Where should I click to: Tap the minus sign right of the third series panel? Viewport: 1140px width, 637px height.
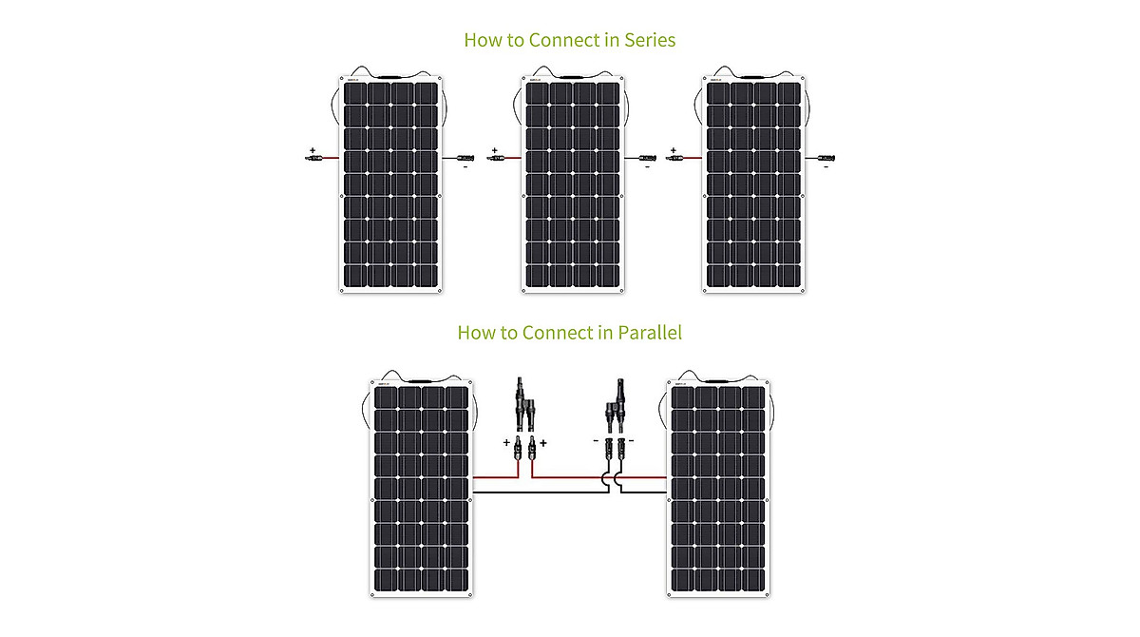point(826,167)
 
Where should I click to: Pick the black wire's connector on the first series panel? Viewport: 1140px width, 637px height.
point(466,158)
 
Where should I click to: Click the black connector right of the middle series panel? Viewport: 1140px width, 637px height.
point(648,158)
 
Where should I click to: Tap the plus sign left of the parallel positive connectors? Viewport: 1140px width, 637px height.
point(506,443)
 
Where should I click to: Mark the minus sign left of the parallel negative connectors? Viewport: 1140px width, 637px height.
point(596,441)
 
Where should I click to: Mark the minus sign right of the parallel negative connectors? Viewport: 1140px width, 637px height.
point(631,441)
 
